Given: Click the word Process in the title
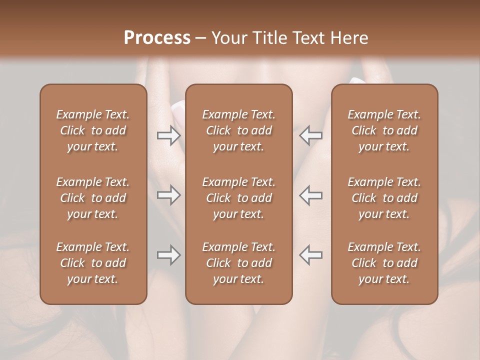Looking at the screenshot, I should pos(157,38).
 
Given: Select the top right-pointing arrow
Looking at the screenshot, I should pos(168,135).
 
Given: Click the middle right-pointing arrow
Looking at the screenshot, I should pos(168,195).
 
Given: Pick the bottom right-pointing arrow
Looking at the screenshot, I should pos(168,255).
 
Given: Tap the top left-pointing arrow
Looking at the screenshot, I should pos(310,135).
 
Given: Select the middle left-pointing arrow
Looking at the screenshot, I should pos(310,195).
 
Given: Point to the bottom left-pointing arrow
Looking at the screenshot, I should pos(310,255).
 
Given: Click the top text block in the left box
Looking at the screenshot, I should pos(93,130).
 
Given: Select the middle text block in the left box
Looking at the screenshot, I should pos(93,198).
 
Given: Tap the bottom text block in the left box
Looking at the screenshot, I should pos(93,263).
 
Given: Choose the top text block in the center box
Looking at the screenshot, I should pos(239,130).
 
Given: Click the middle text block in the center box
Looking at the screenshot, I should pos(239,198).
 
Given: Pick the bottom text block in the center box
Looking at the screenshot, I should pos(239,263).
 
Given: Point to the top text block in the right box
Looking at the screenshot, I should pos(384,130).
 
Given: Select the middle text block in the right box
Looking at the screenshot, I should pos(384,198).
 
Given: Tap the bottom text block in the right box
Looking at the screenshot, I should pos(384,263).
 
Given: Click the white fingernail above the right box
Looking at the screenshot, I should pos(357,80).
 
